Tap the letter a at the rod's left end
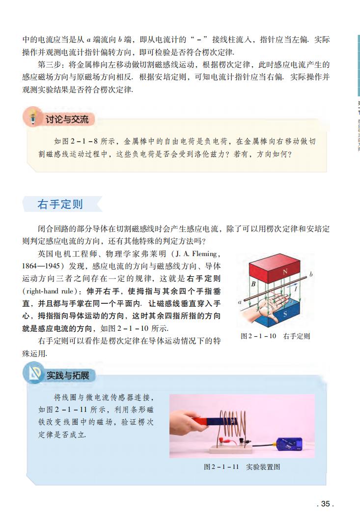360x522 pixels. [x=239, y=303]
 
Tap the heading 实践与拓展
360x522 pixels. [x=68, y=376]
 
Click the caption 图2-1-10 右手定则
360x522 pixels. [x=275, y=336]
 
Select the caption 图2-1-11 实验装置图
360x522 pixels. [x=242, y=466]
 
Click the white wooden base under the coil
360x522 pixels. [x=231, y=448]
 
